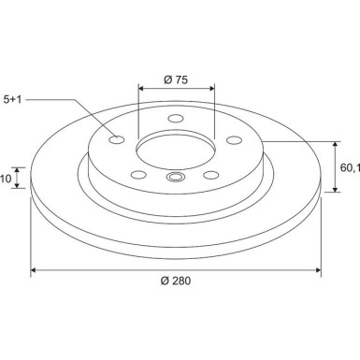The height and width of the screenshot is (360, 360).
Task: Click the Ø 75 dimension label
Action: (x=177, y=79)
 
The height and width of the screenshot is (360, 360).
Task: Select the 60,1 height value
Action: (x=349, y=167)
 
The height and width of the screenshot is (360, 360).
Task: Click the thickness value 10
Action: (x=6, y=178)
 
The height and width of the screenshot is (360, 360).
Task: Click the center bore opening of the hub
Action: (x=177, y=151)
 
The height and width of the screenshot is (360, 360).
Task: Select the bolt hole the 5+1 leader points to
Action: (x=117, y=140)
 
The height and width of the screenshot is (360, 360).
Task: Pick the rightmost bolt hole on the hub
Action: (x=234, y=140)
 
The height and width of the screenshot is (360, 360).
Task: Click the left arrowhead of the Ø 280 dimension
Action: (x=35, y=270)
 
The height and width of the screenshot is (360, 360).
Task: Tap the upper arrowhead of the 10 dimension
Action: (x=18, y=169)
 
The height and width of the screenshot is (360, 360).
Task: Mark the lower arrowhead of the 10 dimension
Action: (x=18, y=186)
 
